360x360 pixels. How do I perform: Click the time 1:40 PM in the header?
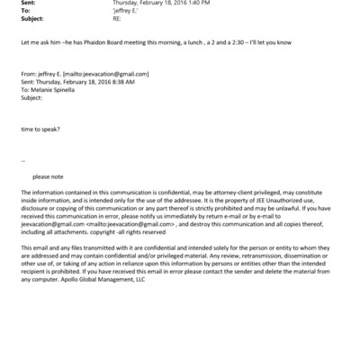[x=199, y=3]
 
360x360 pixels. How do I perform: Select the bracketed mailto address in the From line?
[x=110, y=73]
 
